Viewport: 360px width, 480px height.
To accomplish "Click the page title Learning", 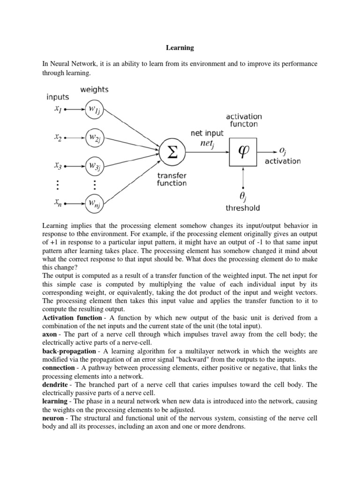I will (180, 47).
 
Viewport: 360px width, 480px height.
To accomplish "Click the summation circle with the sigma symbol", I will (172, 152).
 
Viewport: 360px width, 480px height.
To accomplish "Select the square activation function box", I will (243, 151).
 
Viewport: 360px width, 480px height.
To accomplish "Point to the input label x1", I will (57, 109).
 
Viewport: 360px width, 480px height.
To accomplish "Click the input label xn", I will (57, 203).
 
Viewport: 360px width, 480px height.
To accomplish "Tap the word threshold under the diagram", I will (243, 208).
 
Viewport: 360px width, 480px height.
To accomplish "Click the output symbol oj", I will (283, 150).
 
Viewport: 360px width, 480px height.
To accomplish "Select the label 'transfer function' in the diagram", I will (172, 179).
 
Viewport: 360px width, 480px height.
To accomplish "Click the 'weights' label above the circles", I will (94, 89).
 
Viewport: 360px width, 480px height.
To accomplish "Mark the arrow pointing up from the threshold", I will (243, 178).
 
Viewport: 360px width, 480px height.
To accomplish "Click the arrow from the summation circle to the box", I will (208, 151).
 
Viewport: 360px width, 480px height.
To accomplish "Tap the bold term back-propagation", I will (70, 352).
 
